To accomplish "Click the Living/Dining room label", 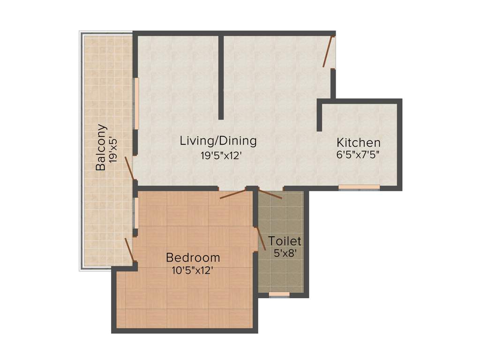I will (218, 141).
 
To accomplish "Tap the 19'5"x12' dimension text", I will (221, 156).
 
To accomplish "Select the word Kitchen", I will (359, 142).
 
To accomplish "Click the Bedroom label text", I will (193, 257).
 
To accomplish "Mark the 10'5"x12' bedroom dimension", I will (193, 270).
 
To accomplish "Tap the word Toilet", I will (284, 241).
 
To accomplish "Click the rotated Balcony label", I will (100, 147).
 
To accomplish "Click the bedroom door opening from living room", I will (233, 194).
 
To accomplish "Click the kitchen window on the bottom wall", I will (359, 187).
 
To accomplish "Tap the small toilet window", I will (279, 294).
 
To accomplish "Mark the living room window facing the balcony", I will (137, 103).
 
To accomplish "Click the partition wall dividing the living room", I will (221, 77).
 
